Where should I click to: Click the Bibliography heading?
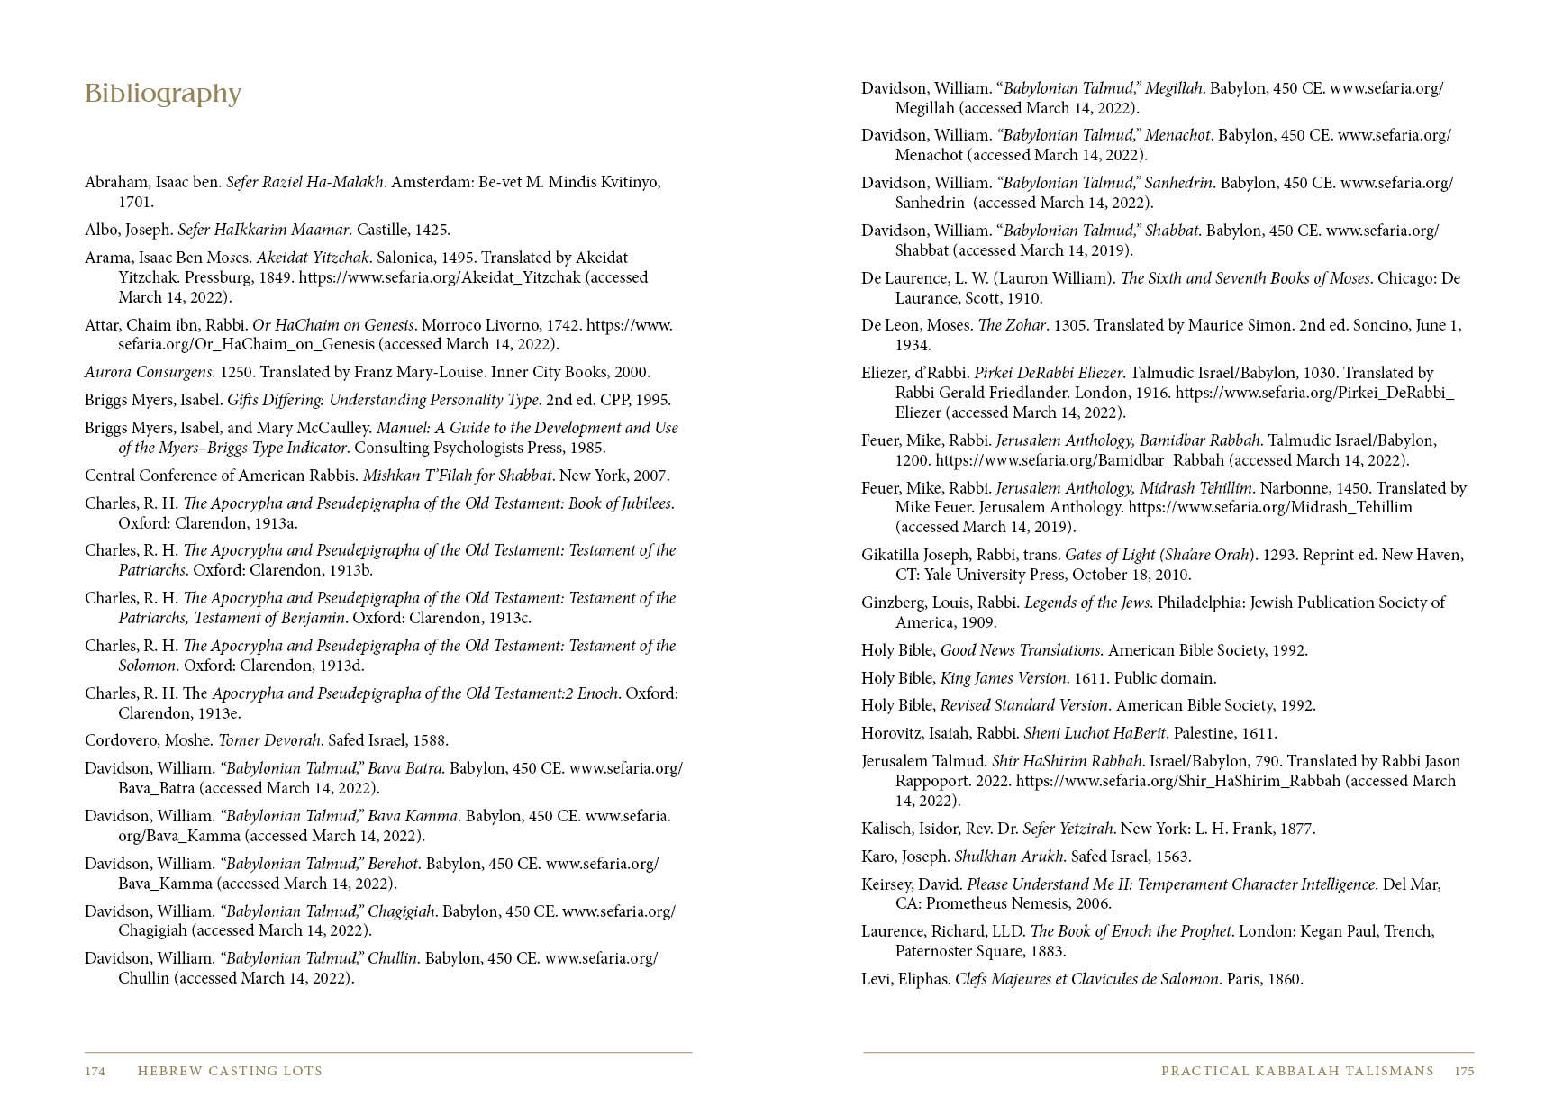pos(163,95)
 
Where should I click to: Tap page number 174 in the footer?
pos(95,1072)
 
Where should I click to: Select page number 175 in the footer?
pos(1464,1072)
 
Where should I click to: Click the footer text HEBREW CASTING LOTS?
pos(230,1072)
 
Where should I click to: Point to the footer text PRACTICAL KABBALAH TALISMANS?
pos(1297,1072)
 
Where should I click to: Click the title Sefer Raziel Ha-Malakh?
pos(305,183)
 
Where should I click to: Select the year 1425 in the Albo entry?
pos(432,231)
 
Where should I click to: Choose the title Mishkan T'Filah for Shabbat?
pos(457,476)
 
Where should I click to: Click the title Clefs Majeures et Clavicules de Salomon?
pos(1087,980)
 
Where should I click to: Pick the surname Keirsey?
pos(887,885)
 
